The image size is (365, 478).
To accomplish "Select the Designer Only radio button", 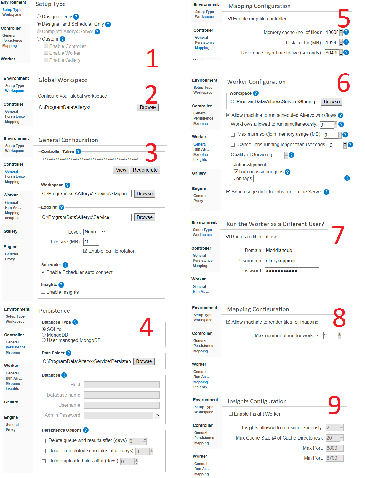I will [x=39, y=17].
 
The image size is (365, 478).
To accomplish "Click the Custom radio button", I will [x=39, y=39].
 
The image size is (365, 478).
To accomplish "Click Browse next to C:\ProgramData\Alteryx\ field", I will [x=148, y=107].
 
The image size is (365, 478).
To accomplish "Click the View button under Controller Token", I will [x=121, y=170].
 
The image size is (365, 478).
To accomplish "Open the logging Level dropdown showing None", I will [x=95, y=232].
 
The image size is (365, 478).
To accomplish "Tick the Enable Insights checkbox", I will [x=43, y=292].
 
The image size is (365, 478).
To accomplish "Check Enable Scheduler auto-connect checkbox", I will [x=43, y=272].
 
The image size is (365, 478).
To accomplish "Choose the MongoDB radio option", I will [x=44, y=335].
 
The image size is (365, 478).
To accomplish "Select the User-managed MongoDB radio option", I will [x=44, y=340].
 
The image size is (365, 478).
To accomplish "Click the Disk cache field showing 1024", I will [x=331, y=43].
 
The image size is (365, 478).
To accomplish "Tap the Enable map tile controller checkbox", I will [x=230, y=19].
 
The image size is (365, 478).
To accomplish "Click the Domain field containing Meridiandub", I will [x=292, y=251].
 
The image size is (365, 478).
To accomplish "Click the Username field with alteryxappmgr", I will [x=292, y=261].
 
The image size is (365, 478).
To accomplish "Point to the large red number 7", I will [x=338, y=235].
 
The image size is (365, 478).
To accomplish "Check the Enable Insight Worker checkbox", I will [x=231, y=414].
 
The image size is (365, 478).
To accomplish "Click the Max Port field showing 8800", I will [x=332, y=448].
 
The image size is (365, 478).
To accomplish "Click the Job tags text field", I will [x=297, y=179].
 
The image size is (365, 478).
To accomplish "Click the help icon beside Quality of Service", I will [x=292, y=155].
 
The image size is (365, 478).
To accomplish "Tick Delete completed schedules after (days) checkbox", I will [x=44, y=451].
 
